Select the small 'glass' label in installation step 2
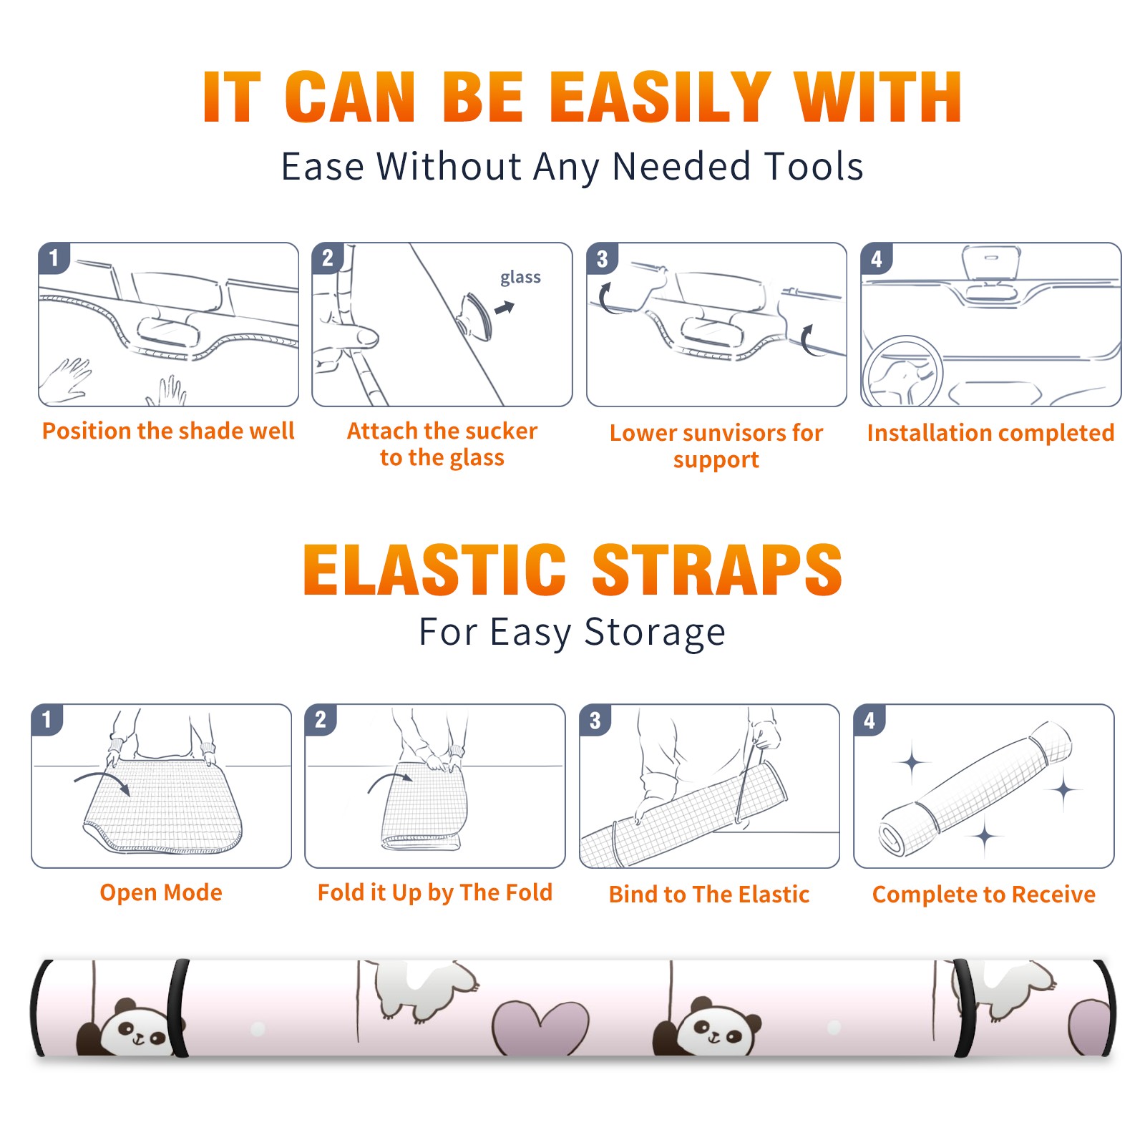point(520,278)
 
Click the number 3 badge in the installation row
point(602,258)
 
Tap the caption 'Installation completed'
point(990,432)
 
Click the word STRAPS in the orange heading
point(717,570)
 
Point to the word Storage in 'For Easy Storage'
point(655,633)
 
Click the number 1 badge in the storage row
point(47,719)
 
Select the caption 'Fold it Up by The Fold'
point(435,892)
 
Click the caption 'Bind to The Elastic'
point(709,895)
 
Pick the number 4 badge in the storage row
point(869,720)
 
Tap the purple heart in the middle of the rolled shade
point(540,1028)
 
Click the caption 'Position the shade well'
point(168,431)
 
